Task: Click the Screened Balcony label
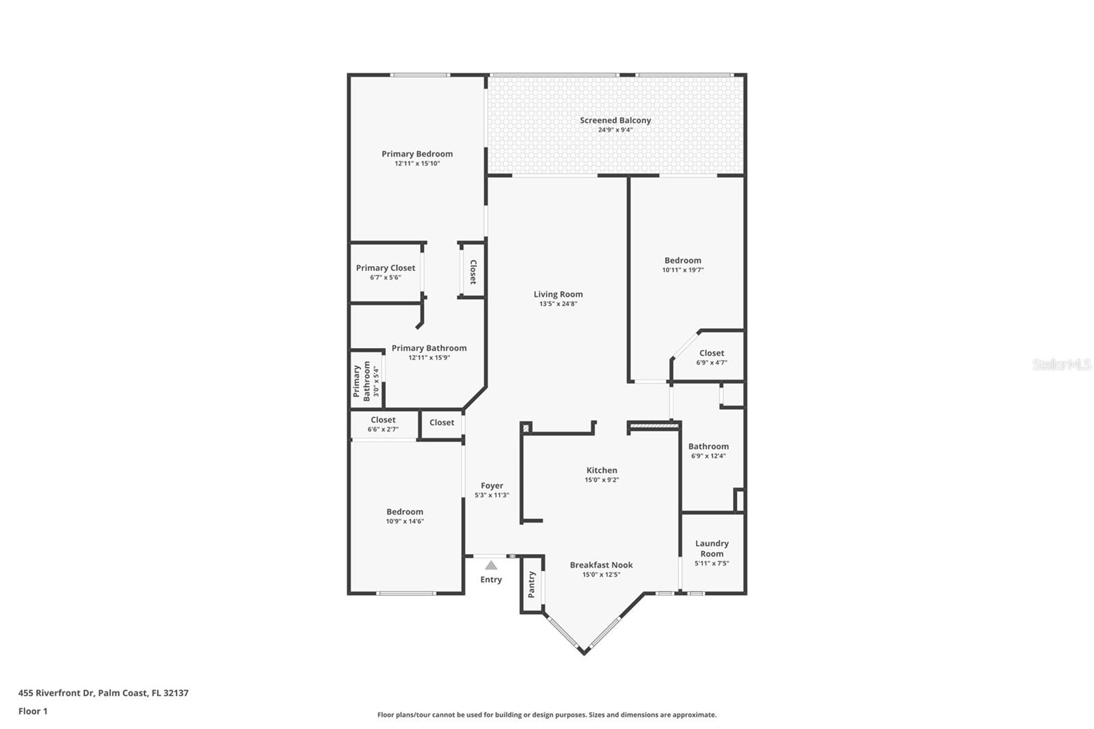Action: tap(615, 120)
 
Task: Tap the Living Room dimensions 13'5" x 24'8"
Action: tap(558, 304)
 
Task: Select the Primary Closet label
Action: tap(386, 268)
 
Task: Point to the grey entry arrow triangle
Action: tap(491, 566)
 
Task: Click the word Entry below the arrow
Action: tap(491, 579)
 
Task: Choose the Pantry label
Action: tap(532, 585)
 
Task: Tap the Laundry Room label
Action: tap(712, 548)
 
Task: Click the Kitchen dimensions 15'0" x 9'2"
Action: tap(602, 480)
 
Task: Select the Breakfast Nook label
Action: tap(601, 565)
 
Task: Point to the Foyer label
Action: tap(492, 486)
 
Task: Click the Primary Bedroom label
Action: tap(417, 154)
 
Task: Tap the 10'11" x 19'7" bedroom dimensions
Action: tap(683, 269)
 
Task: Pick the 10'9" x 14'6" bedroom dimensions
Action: tap(405, 521)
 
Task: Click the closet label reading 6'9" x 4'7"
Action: tap(712, 362)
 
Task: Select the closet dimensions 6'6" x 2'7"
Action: tap(383, 429)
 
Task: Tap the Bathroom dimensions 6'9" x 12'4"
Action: tap(708, 456)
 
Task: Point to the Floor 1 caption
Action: tap(33, 711)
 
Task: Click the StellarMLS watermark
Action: tap(1061, 364)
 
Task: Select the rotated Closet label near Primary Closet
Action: tap(472, 271)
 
